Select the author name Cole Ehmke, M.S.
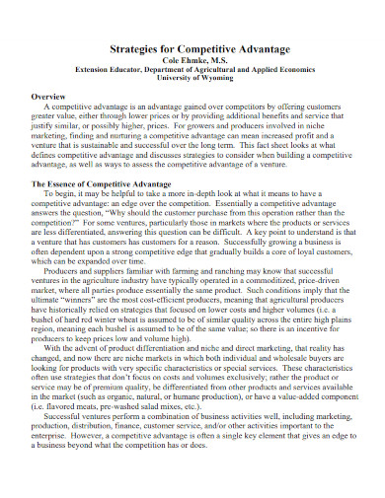click(x=192, y=58)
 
